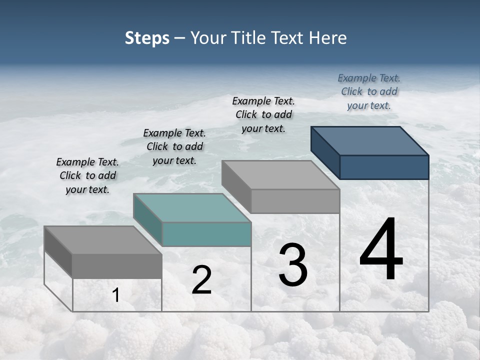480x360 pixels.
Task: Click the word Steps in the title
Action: [x=147, y=38]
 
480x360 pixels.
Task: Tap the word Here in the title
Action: [x=327, y=38]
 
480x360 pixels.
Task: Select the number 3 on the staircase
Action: [x=293, y=264]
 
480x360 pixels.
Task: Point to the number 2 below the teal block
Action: [x=201, y=280]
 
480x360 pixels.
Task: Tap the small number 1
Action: [x=116, y=295]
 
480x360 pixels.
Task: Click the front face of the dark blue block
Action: [x=384, y=167]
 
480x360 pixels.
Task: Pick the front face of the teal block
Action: [x=206, y=234]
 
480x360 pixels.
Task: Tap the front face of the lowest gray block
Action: [x=117, y=266]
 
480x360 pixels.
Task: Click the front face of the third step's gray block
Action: [x=295, y=201]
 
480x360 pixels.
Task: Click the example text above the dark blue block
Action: [x=369, y=91]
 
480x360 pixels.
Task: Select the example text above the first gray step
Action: [x=87, y=175]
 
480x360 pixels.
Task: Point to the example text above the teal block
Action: [x=174, y=146]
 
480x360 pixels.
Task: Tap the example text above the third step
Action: [x=263, y=114]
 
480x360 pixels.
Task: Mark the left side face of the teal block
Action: [x=148, y=220]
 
